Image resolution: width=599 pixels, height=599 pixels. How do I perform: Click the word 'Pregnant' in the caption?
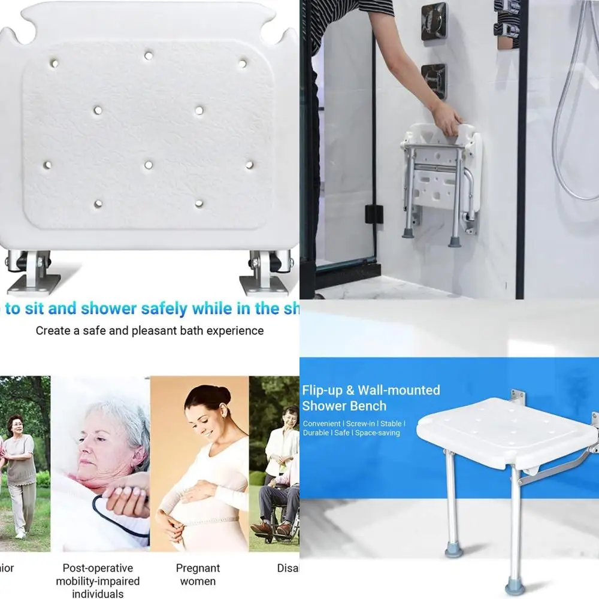click(x=198, y=568)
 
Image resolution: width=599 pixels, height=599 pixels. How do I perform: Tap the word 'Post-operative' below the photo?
click(x=98, y=568)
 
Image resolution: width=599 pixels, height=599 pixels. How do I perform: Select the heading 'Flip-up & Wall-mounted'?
click(x=371, y=391)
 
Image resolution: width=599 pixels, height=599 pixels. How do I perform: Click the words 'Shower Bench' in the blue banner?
click(x=344, y=406)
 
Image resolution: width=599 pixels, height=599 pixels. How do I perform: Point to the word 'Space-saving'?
click(x=377, y=432)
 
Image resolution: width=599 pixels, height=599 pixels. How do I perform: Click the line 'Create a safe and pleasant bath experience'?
click(x=150, y=331)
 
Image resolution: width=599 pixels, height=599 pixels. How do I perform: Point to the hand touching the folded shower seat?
click(x=448, y=118)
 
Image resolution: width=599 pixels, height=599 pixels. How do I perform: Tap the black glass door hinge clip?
click(x=374, y=213)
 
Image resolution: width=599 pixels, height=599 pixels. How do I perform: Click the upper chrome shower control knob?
click(x=434, y=22)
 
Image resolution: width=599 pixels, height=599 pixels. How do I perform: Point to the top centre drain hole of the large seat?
click(x=148, y=56)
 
